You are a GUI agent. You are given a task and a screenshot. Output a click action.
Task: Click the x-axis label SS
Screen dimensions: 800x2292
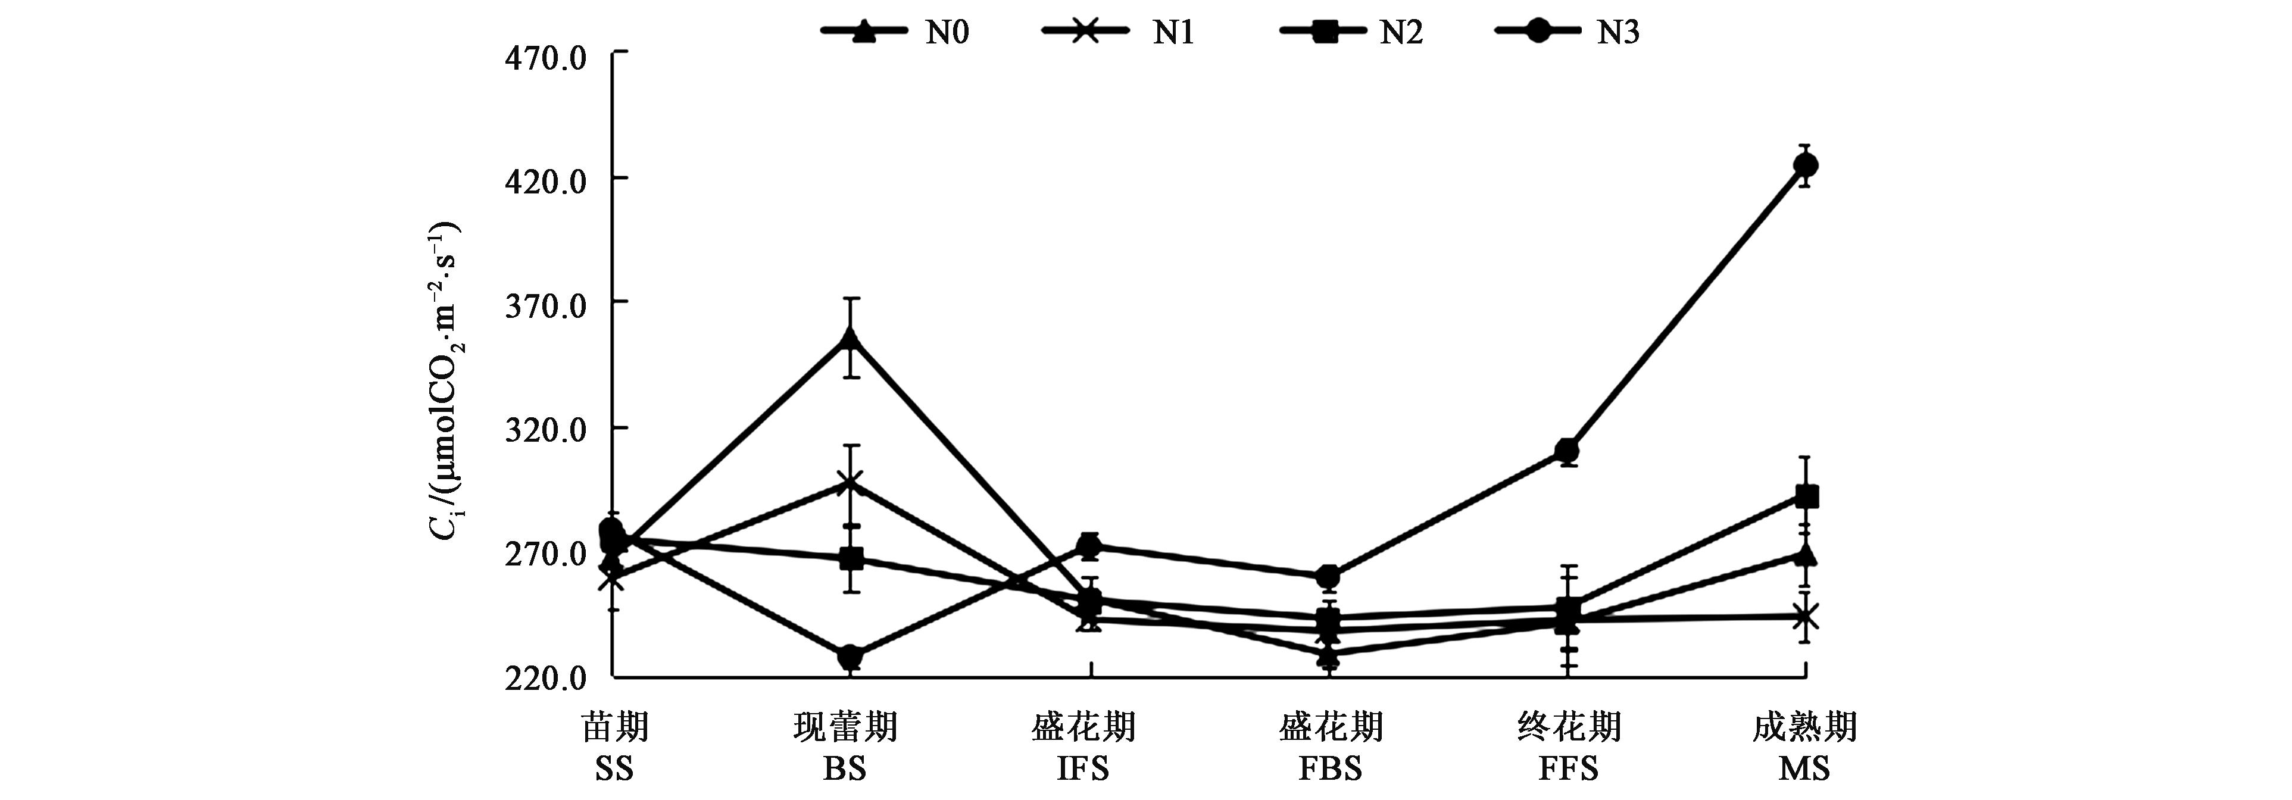614,768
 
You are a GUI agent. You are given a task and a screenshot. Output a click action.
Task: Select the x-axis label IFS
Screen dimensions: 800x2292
1083,768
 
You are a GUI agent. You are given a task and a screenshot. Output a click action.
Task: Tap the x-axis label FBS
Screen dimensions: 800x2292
1330,768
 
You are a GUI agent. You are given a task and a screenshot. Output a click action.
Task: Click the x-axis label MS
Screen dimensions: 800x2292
1804,768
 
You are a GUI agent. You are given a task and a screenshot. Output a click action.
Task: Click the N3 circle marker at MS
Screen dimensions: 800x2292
1804,165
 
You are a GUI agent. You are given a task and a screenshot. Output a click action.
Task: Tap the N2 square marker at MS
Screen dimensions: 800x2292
1804,496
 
